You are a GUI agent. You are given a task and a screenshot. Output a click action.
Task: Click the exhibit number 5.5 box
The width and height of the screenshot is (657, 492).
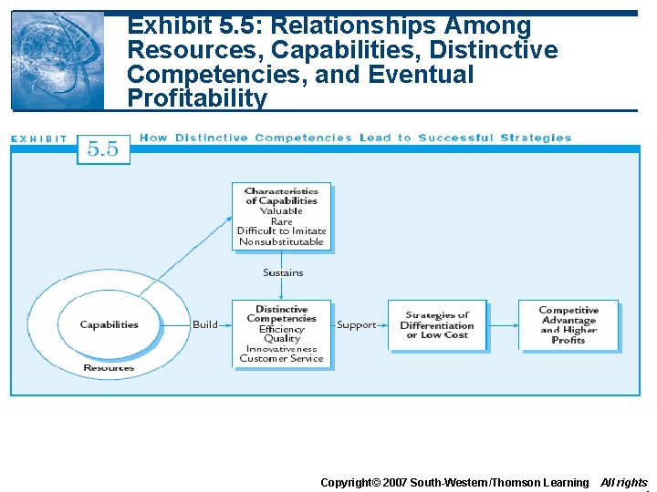102,149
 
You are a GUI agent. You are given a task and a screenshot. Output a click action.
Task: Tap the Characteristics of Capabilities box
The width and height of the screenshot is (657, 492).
281,217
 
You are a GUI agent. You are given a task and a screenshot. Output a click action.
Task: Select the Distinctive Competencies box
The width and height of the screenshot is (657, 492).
281,333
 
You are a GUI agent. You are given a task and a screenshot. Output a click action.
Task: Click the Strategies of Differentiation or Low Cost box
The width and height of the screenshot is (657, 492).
437,325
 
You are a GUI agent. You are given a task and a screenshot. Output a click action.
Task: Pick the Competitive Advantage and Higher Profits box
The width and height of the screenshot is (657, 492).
568,325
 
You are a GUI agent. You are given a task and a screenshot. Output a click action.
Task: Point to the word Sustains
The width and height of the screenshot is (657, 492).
283,272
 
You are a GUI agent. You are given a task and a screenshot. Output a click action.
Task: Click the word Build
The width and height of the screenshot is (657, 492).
205,324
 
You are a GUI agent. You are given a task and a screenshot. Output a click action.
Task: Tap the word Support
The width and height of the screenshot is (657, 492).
356,324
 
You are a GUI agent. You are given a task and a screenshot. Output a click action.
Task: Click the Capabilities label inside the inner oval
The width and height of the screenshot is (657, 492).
109,324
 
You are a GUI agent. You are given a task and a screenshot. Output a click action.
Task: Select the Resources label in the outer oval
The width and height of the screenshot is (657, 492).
109,368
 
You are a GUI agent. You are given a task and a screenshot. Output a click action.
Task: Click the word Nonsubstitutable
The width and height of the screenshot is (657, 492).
281,241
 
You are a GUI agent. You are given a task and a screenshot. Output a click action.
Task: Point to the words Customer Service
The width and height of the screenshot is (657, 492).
281,358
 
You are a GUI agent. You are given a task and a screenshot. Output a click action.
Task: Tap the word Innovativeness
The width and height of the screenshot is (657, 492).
281,348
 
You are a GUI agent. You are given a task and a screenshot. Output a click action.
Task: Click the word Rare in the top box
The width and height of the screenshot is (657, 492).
281,221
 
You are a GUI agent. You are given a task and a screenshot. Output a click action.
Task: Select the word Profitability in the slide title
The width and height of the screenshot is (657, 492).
197,98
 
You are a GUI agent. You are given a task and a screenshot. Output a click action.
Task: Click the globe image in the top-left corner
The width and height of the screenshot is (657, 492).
57,61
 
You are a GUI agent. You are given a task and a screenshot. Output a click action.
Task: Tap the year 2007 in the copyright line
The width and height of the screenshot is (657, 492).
393,482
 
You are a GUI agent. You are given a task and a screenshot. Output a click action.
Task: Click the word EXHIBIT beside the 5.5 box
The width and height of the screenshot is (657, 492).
39,139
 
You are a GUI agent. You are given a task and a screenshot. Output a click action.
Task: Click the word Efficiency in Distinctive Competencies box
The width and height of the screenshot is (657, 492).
281,329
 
